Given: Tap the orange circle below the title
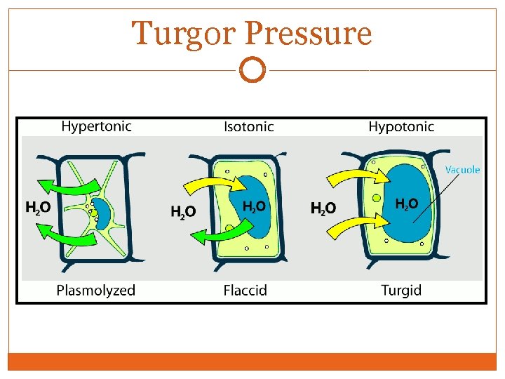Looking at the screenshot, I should tap(252, 69).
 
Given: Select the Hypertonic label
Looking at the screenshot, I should tap(96, 127).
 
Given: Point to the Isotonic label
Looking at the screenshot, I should tap(249, 127).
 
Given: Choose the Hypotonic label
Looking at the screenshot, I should tap(401, 127).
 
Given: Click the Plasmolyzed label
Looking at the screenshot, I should tap(96, 290).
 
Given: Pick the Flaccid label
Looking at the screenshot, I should tap(245, 290).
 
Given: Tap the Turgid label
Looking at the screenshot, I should tap(401, 290).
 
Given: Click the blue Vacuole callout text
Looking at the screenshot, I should tap(463, 169).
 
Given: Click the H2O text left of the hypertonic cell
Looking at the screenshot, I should tap(37, 207).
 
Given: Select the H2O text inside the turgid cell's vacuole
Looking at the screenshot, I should tap(407, 204).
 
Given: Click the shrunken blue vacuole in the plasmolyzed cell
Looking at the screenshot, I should tap(104, 213).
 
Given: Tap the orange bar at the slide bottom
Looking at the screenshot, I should tap(252, 361).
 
